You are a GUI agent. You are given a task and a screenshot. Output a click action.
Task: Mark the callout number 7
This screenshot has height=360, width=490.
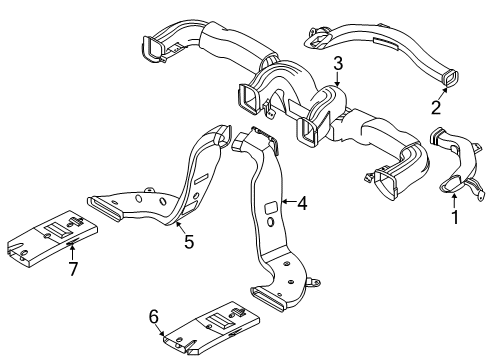pos(71,269)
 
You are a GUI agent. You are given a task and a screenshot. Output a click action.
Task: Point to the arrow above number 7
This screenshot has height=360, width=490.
pos(70,250)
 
